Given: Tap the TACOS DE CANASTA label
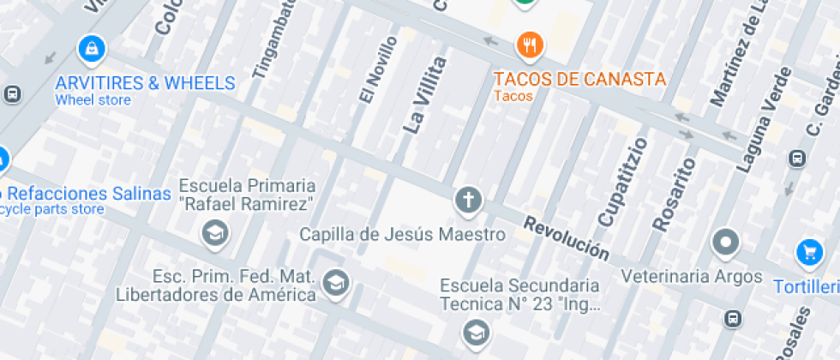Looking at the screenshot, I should pyautogui.click(x=579, y=79).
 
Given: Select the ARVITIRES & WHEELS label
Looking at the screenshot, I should pyautogui.click(x=145, y=83).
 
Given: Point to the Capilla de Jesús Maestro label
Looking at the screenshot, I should pyautogui.click(x=402, y=234).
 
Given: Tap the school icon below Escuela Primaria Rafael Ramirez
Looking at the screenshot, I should pyautogui.click(x=214, y=231).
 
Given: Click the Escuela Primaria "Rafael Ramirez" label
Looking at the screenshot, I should pyautogui.click(x=247, y=195).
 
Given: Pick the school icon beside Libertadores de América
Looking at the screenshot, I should pyautogui.click(x=336, y=281).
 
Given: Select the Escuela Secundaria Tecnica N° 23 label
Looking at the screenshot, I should pyautogui.click(x=519, y=294).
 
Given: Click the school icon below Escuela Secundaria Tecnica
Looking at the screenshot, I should pyautogui.click(x=474, y=331).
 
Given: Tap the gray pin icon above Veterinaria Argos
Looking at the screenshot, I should pyautogui.click(x=726, y=243).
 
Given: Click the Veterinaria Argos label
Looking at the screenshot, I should pyautogui.click(x=692, y=276).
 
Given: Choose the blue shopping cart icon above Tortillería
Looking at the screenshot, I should pyautogui.click(x=809, y=252).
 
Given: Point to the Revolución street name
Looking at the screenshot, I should pyautogui.click(x=567, y=239).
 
